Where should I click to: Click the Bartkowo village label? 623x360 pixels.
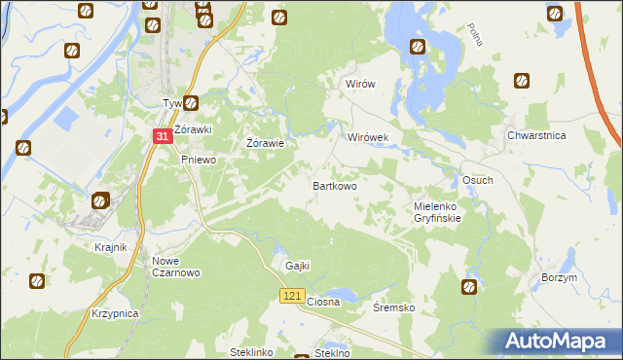pyautogui.click(x=334, y=185)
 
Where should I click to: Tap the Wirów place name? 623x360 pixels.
pyautogui.click(x=360, y=85)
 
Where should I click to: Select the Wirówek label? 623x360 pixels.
pyautogui.click(x=368, y=138)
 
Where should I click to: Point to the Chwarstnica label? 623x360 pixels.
pyautogui.click(x=536, y=137)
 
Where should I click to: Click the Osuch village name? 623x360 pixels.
pyautogui.click(x=477, y=181)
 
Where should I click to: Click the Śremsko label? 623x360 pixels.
pyautogui.click(x=394, y=307)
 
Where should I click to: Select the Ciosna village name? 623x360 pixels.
pyautogui.click(x=323, y=302)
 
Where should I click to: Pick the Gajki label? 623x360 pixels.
pyautogui.click(x=297, y=266)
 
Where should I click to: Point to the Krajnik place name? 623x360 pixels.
pyautogui.click(x=111, y=247)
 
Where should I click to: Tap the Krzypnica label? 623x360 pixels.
pyautogui.click(x=115, y=314)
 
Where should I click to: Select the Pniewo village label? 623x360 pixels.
pyautogui.click(x=198, y=160)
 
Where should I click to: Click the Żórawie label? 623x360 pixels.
pyautogui.click(x=265, y=144)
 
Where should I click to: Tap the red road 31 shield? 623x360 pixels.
pyautogui.click(x=163, y=138)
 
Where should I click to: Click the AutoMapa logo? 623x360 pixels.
pyautogui.click(x=557, y=342)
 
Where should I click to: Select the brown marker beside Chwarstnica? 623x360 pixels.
pyautogui.click(x=522, y=81)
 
